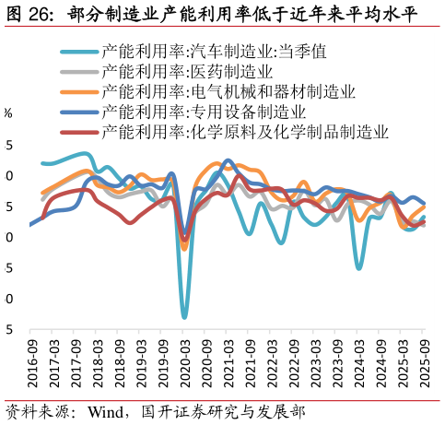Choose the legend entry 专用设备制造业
[204, 112]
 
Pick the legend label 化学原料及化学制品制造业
[245, 132]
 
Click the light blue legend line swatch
[78, 52]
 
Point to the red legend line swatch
[78, 133]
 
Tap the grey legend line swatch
[78, 72]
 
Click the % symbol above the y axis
[7, 113]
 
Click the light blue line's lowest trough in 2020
[184, 317]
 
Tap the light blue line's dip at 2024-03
[359, 268]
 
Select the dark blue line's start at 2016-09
[30, 224]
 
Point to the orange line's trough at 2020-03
[184, 249]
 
